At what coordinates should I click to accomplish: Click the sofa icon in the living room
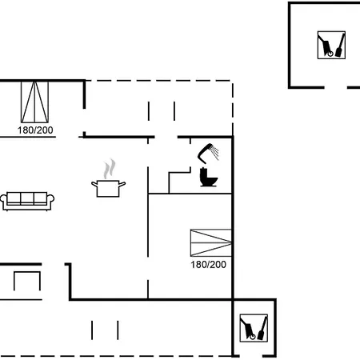tap(27, 201)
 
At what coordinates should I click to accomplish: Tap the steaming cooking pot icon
tap(108, 178)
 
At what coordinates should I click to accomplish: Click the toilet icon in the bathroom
tap(208, 177)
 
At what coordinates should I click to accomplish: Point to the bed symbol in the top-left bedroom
tap(34, 102)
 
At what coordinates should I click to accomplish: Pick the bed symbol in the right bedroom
tap(210, 242)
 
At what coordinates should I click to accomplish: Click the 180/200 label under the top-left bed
tap(35, 130)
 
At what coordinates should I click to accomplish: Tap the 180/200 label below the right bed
tap(208, 265)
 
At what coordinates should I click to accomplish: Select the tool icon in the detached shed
tap(331, 45)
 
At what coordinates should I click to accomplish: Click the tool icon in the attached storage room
tap(254, 328)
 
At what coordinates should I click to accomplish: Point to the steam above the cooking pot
tap(110, 169)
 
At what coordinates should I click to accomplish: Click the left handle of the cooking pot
tap(94, 184)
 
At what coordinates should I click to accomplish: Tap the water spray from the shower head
tap(214, 153)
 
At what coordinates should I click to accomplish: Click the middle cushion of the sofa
tap(27, 198)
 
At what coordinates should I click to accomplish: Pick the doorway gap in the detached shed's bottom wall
tap(336, 87)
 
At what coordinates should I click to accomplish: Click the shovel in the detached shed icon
tap(340, 46)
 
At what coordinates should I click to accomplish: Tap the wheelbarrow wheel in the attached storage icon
tap(253, 337)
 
